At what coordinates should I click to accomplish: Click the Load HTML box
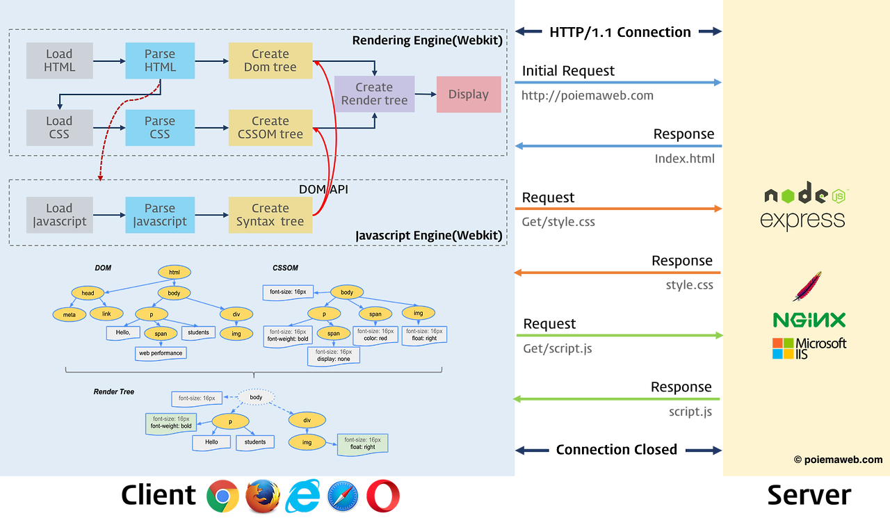(x=59, y=60)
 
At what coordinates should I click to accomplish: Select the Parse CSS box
(x=160, y=128)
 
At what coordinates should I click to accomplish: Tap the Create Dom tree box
(x=270, y=60)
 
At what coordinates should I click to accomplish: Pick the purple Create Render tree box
(x=374, y=94)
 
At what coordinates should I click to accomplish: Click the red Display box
(x=469, y=95)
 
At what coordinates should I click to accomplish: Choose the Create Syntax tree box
(x=270, y=215)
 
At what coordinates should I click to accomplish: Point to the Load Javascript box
(x=59, y=215)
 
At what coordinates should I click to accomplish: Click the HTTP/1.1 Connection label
(x=620, y=32)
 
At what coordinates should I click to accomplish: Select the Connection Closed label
(x=617, y=450)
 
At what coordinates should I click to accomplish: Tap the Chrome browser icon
(x=222, y=496)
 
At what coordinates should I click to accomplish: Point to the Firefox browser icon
(x=263, y=496)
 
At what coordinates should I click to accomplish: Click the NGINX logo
(x=809, y=320)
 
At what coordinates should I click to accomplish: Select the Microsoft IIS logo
(x=809, y=348)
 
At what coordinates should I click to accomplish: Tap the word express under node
(x=802, y=220)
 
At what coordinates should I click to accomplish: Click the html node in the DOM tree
(x=174, y=273)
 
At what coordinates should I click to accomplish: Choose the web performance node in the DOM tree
(x=161, y=353)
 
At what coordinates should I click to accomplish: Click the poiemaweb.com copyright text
(x=838, y=460)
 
